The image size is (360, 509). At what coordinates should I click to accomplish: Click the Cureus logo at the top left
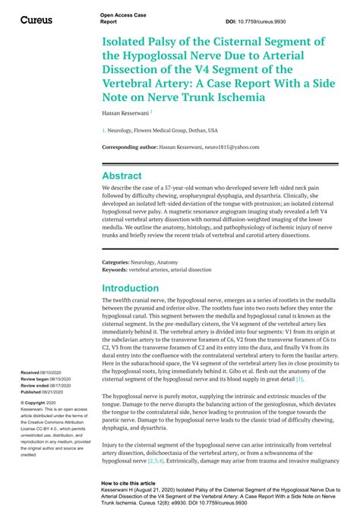(36, 19)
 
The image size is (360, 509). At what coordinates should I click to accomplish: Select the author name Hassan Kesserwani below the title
(125, 112)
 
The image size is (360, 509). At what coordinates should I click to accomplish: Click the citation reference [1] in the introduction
(299, 379)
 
